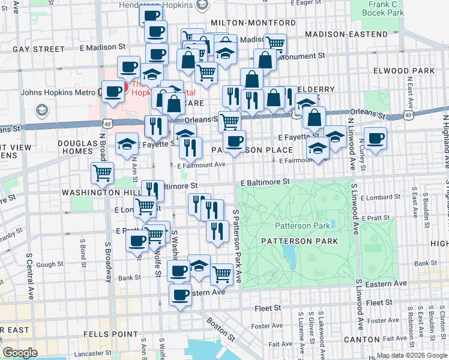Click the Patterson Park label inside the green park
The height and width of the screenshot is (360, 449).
click(x=303, y=226)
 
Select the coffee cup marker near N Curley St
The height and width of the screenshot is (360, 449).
click(x=375, y=139)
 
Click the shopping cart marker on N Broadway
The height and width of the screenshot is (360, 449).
click(x=103, y=173)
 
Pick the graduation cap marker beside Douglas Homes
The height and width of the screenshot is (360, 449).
click(x=127, y=144)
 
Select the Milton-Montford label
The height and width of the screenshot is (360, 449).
click(x=253, y=23)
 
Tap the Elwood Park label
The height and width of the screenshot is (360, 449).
click(x=411, y=71)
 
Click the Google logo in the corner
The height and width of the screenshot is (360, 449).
click(x=20, y=353)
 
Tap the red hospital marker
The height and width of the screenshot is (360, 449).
click(x=120, y=89)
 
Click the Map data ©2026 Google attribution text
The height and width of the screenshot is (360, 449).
click(x=411, y=355)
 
